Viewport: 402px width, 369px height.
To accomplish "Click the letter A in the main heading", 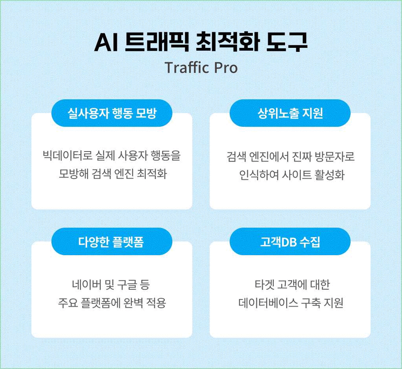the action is click(104, 43).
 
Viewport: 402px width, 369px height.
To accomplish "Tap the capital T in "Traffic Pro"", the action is click(170, 68).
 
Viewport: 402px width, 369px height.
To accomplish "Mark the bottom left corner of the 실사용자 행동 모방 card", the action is click(31, 209).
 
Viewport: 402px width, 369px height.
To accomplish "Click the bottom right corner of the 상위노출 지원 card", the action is click(371, 209).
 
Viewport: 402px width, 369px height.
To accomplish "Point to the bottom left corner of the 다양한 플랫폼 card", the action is click(31, 338).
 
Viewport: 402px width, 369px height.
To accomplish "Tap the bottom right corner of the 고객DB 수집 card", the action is click(371, 338).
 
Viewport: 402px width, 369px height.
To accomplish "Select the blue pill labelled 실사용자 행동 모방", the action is click(112, 113).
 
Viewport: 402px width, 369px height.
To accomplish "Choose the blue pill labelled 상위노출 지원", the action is click(290, 113).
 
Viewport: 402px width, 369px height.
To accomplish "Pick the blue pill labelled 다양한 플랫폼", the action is click(112, 241).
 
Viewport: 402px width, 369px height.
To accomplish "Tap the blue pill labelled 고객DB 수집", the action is click(290, 241).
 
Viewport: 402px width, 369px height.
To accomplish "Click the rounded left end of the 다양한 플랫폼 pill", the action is click(52, 241).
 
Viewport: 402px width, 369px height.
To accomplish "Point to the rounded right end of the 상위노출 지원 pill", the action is click(350, 113).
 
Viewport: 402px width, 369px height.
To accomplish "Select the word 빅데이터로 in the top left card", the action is click(68, 156).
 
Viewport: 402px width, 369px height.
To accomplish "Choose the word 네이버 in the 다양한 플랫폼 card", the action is click(86, 284).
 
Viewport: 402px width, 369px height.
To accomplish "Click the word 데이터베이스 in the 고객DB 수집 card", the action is click(268, 303).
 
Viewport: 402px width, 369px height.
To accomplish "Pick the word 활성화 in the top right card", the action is click(330, 175).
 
